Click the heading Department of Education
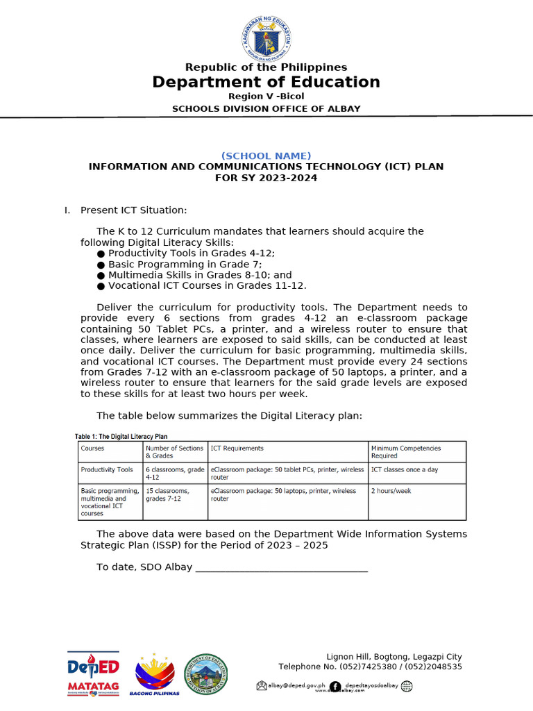point(266,82)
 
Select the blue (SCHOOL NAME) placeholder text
point(266,156)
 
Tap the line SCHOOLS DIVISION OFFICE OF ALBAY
point(266,108)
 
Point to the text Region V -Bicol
point(266,96)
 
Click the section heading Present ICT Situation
point(133,210)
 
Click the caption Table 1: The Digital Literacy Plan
point(121,436)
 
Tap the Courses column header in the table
point(92,449)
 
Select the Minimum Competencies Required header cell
point(406,452)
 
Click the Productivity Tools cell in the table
point(107,470)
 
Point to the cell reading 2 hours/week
point(391,491)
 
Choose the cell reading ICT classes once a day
point(405,470)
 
